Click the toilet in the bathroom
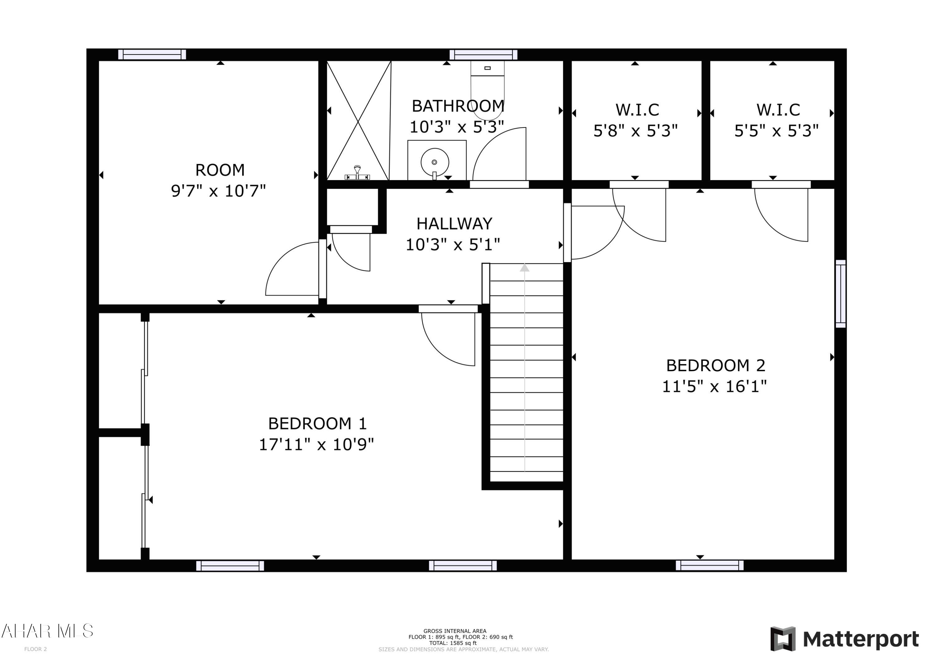pyautogui.click(x=487, y=92)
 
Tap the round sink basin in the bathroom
pyautogui.click(x=434, y=162)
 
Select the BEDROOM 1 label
pyautogui.click(x=317, y=424)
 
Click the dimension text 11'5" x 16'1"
pyautogui.click(x=714, y=386)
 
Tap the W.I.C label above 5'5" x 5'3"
pyautogui.click(x=778, y=110)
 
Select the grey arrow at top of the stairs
pyautogui.click(x=525, y=268)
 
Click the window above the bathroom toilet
pyautogui.click(x=483, y=55)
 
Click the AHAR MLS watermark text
pyautogui.click(x=47, y=631)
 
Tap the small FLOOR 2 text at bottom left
pyautogui.click(x=36, y=649)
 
